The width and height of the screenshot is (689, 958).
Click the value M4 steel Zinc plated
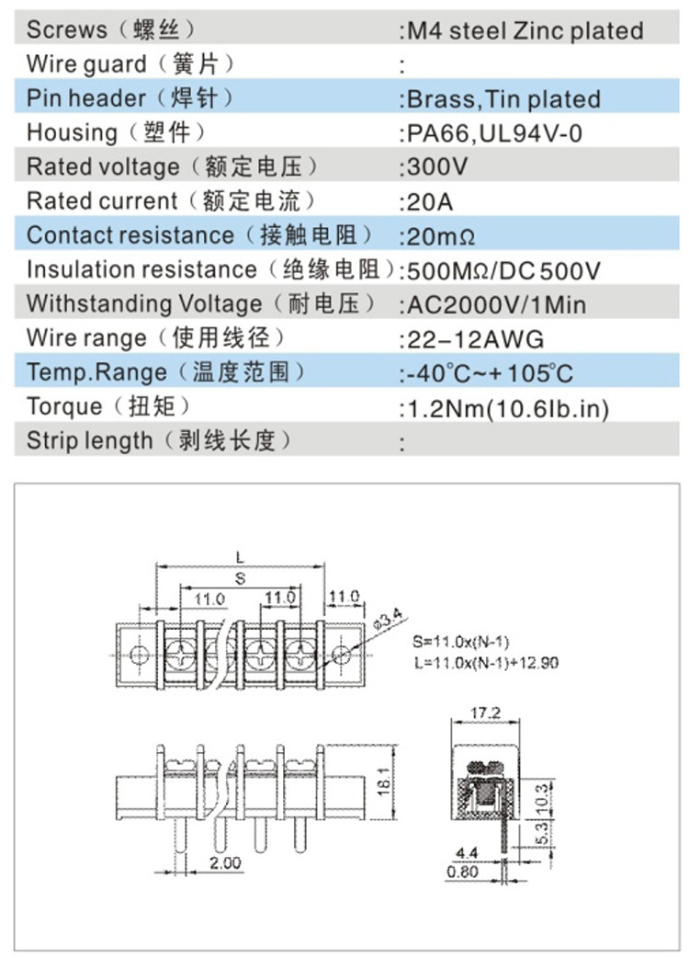tap(525, 30)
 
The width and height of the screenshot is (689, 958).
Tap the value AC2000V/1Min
tap(497, 304)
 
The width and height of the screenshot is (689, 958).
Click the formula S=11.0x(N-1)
tap(461, 642)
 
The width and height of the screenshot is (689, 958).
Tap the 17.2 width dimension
tap(483, 713)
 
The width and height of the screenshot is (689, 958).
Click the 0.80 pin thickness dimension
tap(468, 872)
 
